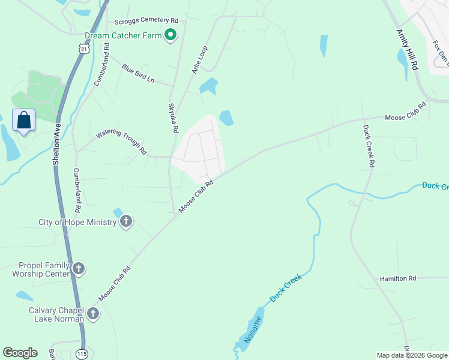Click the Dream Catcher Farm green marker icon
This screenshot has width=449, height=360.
pos(170,35)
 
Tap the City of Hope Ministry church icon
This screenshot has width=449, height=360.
pos(126,222)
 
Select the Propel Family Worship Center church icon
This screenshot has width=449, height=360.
pos(79,269)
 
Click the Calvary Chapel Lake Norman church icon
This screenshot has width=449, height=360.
pos(93,314)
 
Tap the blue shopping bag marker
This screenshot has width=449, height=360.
pos(23,120)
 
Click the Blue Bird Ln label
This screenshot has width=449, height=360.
pos(138,74)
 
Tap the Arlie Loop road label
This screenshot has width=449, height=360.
pos(200,59)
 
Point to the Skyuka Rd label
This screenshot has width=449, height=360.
pos(173,118)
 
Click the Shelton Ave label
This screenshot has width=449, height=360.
pos(57,144)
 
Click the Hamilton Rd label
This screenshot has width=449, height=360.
pos(397,278)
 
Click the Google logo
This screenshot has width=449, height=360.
pos(20,353)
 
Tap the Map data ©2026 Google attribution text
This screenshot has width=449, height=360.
pos(412,355)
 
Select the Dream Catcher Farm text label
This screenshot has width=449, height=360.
pos(123,35)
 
